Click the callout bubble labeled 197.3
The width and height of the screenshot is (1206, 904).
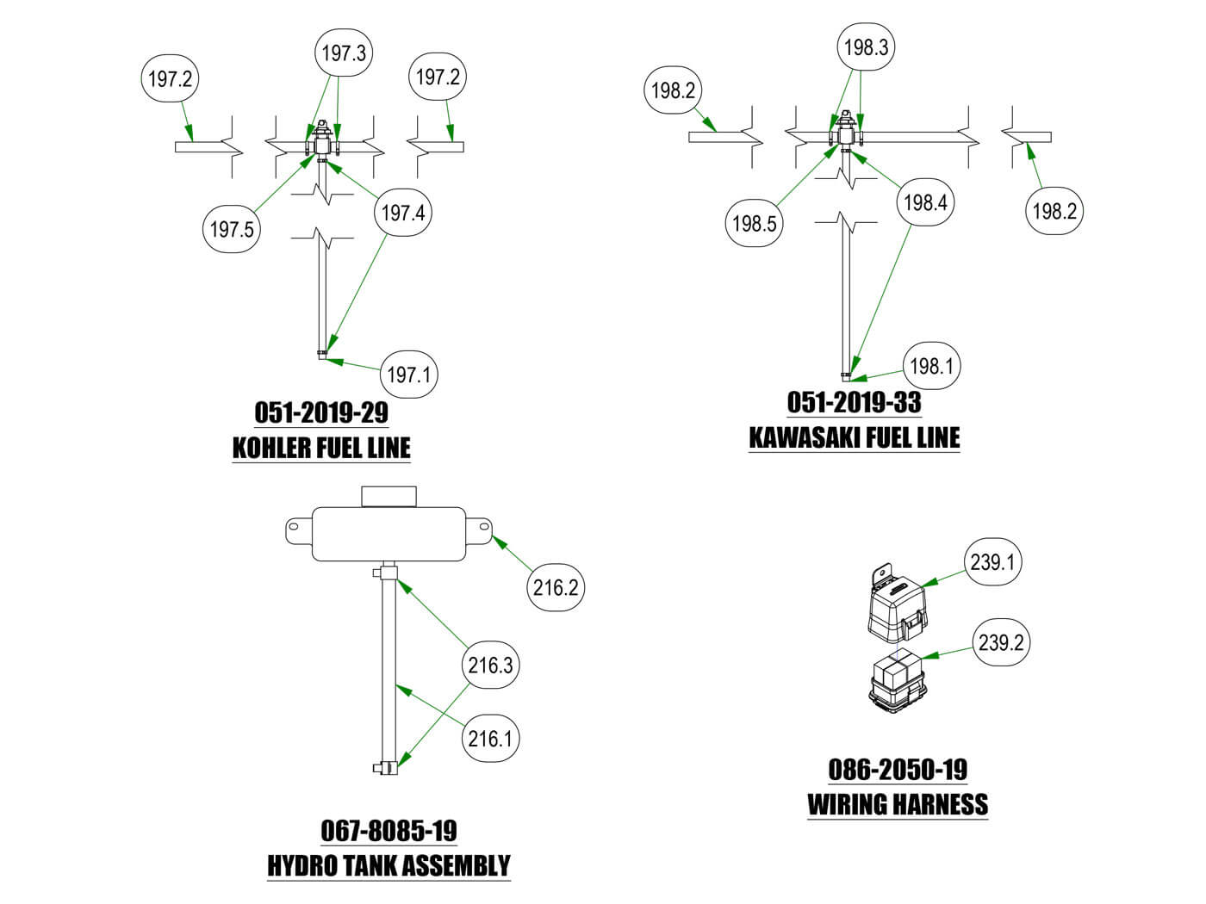[x=344, y=53]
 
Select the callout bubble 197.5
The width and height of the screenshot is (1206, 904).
[x=233, y=229]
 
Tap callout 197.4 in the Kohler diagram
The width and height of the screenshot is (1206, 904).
[x=403, y=213]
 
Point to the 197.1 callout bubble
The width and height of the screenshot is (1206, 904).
[x=408, y=375]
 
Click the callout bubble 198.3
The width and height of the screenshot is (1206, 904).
[x=866, y=47]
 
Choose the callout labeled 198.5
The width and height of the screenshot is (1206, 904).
[x=755, y=224]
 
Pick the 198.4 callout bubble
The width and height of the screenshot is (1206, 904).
[x=925, y=203]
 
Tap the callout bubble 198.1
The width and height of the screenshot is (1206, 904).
[x=931, y=366]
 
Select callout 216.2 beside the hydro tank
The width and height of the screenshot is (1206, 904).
[x=555, y=588]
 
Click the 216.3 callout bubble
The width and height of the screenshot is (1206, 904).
[x=490, y=665]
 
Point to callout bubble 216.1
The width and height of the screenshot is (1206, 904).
[x=490, y=739]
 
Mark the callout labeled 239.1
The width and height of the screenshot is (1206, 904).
[x=992, y=562]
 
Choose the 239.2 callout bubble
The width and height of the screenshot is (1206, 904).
[x=1002, y=642]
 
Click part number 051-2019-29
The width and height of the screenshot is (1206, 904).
[x=321, y=412]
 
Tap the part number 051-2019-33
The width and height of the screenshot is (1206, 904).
[x=854, y=402]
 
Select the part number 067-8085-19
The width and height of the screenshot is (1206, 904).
[x=389, y=831]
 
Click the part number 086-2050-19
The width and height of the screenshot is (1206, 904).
[x=898, y=769]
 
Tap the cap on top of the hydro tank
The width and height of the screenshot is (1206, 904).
[x=389, y=496]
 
